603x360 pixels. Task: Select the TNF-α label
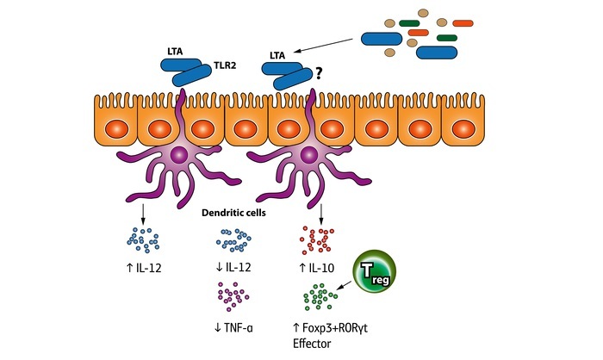point(236,327)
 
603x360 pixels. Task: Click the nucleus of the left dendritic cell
point(179,155)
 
